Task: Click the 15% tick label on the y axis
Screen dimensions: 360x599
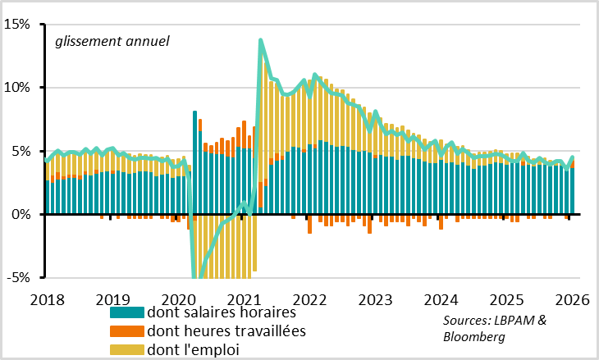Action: (17, 24)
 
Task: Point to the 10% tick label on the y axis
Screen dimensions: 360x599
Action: (17, 87)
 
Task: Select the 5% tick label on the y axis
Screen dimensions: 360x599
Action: (21, 151)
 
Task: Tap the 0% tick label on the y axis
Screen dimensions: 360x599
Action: (21, 214)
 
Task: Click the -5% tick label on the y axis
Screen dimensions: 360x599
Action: (18, 277)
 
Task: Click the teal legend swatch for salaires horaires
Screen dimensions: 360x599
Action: (127, 312)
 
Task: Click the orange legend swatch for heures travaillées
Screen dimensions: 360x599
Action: (127, 331)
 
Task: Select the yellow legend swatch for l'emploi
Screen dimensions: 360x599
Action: (127, 350)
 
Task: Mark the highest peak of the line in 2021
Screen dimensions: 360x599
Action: (261, 39)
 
